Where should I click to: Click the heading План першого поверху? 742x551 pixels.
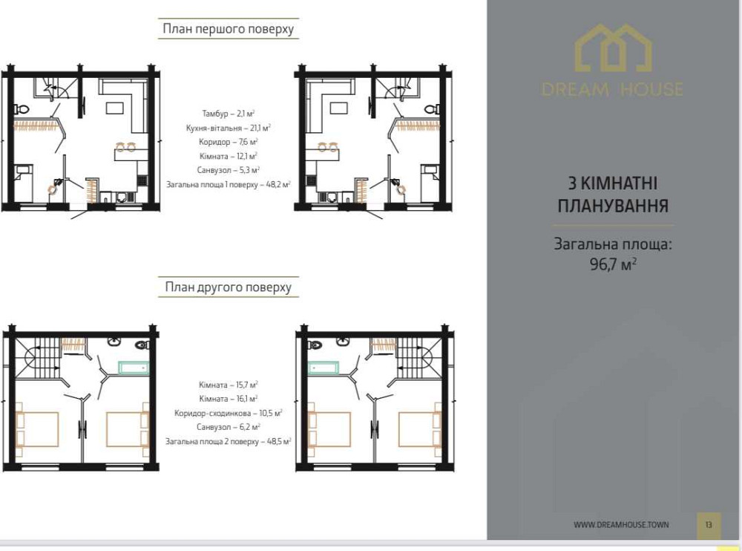pyautogui.click(x=228, y=29)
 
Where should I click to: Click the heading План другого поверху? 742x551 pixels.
pyautogui.click(x=228, y=287)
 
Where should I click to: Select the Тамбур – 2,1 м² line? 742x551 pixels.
pyautogui.click(x=229, y=113)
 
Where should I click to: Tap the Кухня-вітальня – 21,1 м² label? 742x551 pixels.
pyautogui.click(x=229, y=128)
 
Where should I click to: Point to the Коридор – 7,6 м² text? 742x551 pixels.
pyautogui.click(x=229, y=142)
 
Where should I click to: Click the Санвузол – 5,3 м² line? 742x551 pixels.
pyautogui.click(x=229, y=170)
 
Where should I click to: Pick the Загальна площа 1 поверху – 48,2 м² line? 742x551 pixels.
pyautogui.click(x=229, y=184)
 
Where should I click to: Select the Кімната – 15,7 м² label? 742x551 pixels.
pyautogui.click(x=229, y=385)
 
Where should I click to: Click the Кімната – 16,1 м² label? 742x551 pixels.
pyautogui.click(x=229, y=399)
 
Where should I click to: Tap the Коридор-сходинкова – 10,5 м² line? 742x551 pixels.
pyautogui.click(x=229, y=413)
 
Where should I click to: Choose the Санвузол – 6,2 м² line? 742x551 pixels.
pyautogui.click(x=229, y=427)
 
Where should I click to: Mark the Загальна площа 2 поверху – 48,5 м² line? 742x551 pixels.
pyautogui.click(x=229, y=442)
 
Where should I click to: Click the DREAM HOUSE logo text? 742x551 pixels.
pyautogui.click(x=613, y=89)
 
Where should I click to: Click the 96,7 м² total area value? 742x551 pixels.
pyautogui.click(x=614, y=264)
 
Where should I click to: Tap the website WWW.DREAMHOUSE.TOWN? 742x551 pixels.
pyautogui.click(x=621, y=524)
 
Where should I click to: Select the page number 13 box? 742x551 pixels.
pyautogui.click(x=709, y=525)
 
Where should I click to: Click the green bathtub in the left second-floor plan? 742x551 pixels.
pyautogui.click(x=134, y=368)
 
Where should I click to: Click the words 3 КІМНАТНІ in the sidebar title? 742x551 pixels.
pyautogui.click(x=613, y=183)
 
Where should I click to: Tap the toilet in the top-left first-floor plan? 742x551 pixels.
pyautogui.click(x=22, y=109)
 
